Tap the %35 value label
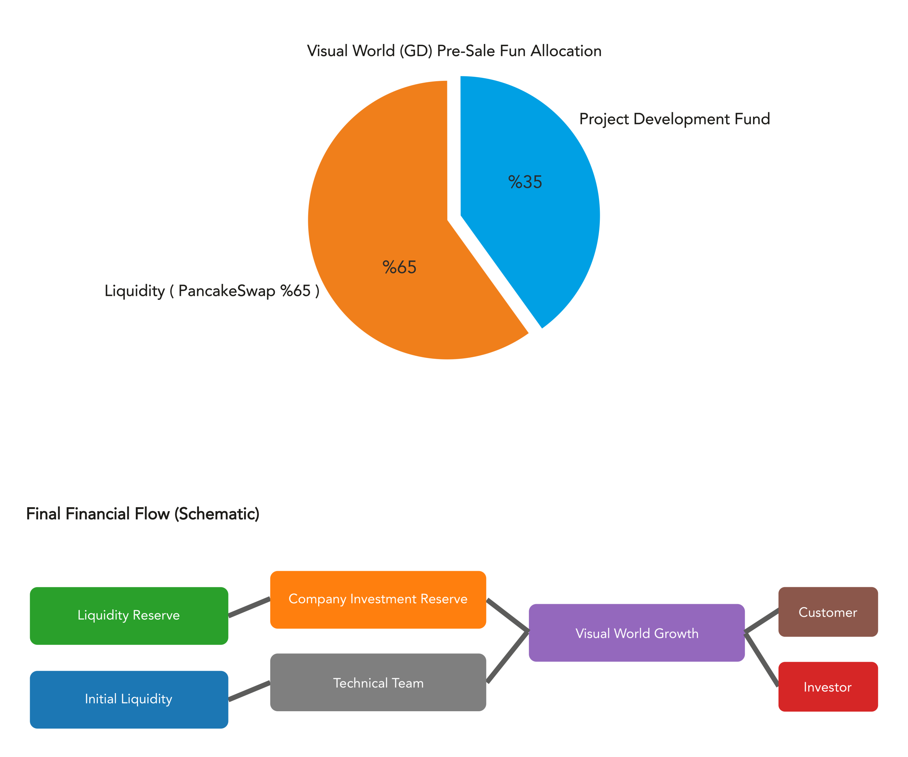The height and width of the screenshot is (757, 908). click(x=525, y=182)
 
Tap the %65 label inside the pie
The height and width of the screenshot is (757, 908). click(x=399, y=267)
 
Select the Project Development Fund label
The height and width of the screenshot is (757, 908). click(x=675, y=119)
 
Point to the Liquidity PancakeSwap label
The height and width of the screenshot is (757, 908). click(x=212, y=291)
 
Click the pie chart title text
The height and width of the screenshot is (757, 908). click(x=454, y=51)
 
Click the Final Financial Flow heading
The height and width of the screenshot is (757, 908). click(x=143, y=514)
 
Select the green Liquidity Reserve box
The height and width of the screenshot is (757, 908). click(x=129, y=615)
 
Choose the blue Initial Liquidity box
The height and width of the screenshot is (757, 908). click(x=129, y=699)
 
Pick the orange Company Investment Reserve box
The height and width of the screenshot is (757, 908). click(x=378, y=599)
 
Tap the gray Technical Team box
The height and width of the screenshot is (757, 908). click(x=378, y=682)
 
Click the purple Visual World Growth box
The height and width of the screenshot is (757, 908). click(x=636, y=633)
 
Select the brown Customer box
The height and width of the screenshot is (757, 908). click(x=827, y=612)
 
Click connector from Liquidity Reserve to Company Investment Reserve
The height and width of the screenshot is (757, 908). click(x=249, y=607)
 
